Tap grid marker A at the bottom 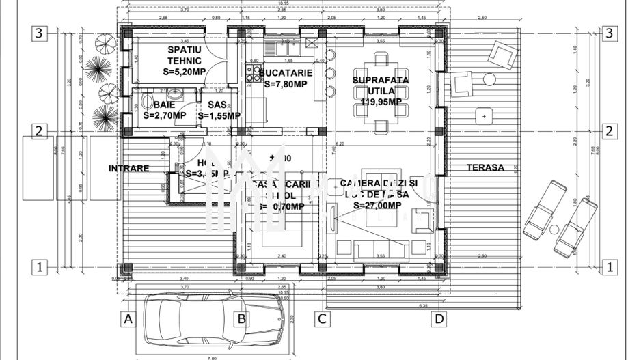pos(127,318)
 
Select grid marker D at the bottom pos(439,318)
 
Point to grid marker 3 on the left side pos(40,33)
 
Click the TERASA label pos(485,167)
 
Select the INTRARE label pos(128,168)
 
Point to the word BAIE pos(164,105)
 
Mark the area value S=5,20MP pos(185,70)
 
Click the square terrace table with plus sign pos(484,117)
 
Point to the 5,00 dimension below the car pos(212,357)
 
